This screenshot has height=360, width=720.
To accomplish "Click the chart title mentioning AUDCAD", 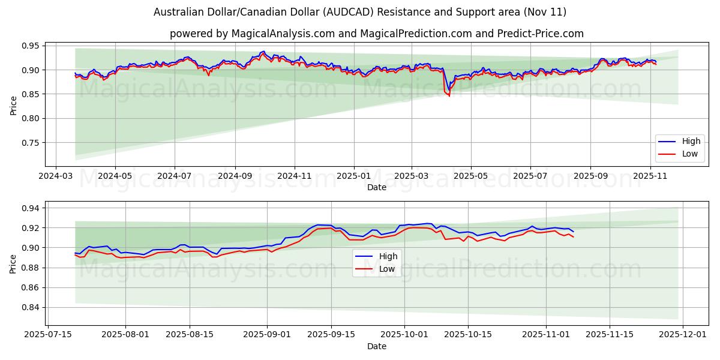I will pyautogui.click(x=360, y=12).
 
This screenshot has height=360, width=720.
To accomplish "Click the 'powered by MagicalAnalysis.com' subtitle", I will pyautogui.click(x=376, y=34).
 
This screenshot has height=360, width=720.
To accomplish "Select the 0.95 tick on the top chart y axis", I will pyautogui.click(x=30, y=46).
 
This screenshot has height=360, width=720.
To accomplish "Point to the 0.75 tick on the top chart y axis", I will pyautogui.click(x=30, y=143).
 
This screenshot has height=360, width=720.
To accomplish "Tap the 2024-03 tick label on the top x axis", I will pyautogui.click(x=56, y=177).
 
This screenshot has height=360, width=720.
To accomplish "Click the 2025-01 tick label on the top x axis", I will pyautogui.click(x=353, y=177).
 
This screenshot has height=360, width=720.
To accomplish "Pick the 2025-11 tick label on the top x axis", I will pyautogui.click(x=650, y=177).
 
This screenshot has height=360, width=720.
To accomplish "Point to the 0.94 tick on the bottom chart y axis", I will pyautogui.click(x=30, y=208).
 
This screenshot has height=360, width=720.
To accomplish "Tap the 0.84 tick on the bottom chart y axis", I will pyautogui.click(x=30, y=307).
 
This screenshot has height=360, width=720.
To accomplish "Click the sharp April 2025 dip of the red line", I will pyautogui.click(x=449, y=95).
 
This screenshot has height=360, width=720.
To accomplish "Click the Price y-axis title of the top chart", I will pyautogui.click(x=13, y=105).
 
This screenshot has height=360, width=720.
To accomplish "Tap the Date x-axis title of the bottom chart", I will pyautogui.click(x=377, y=346).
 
